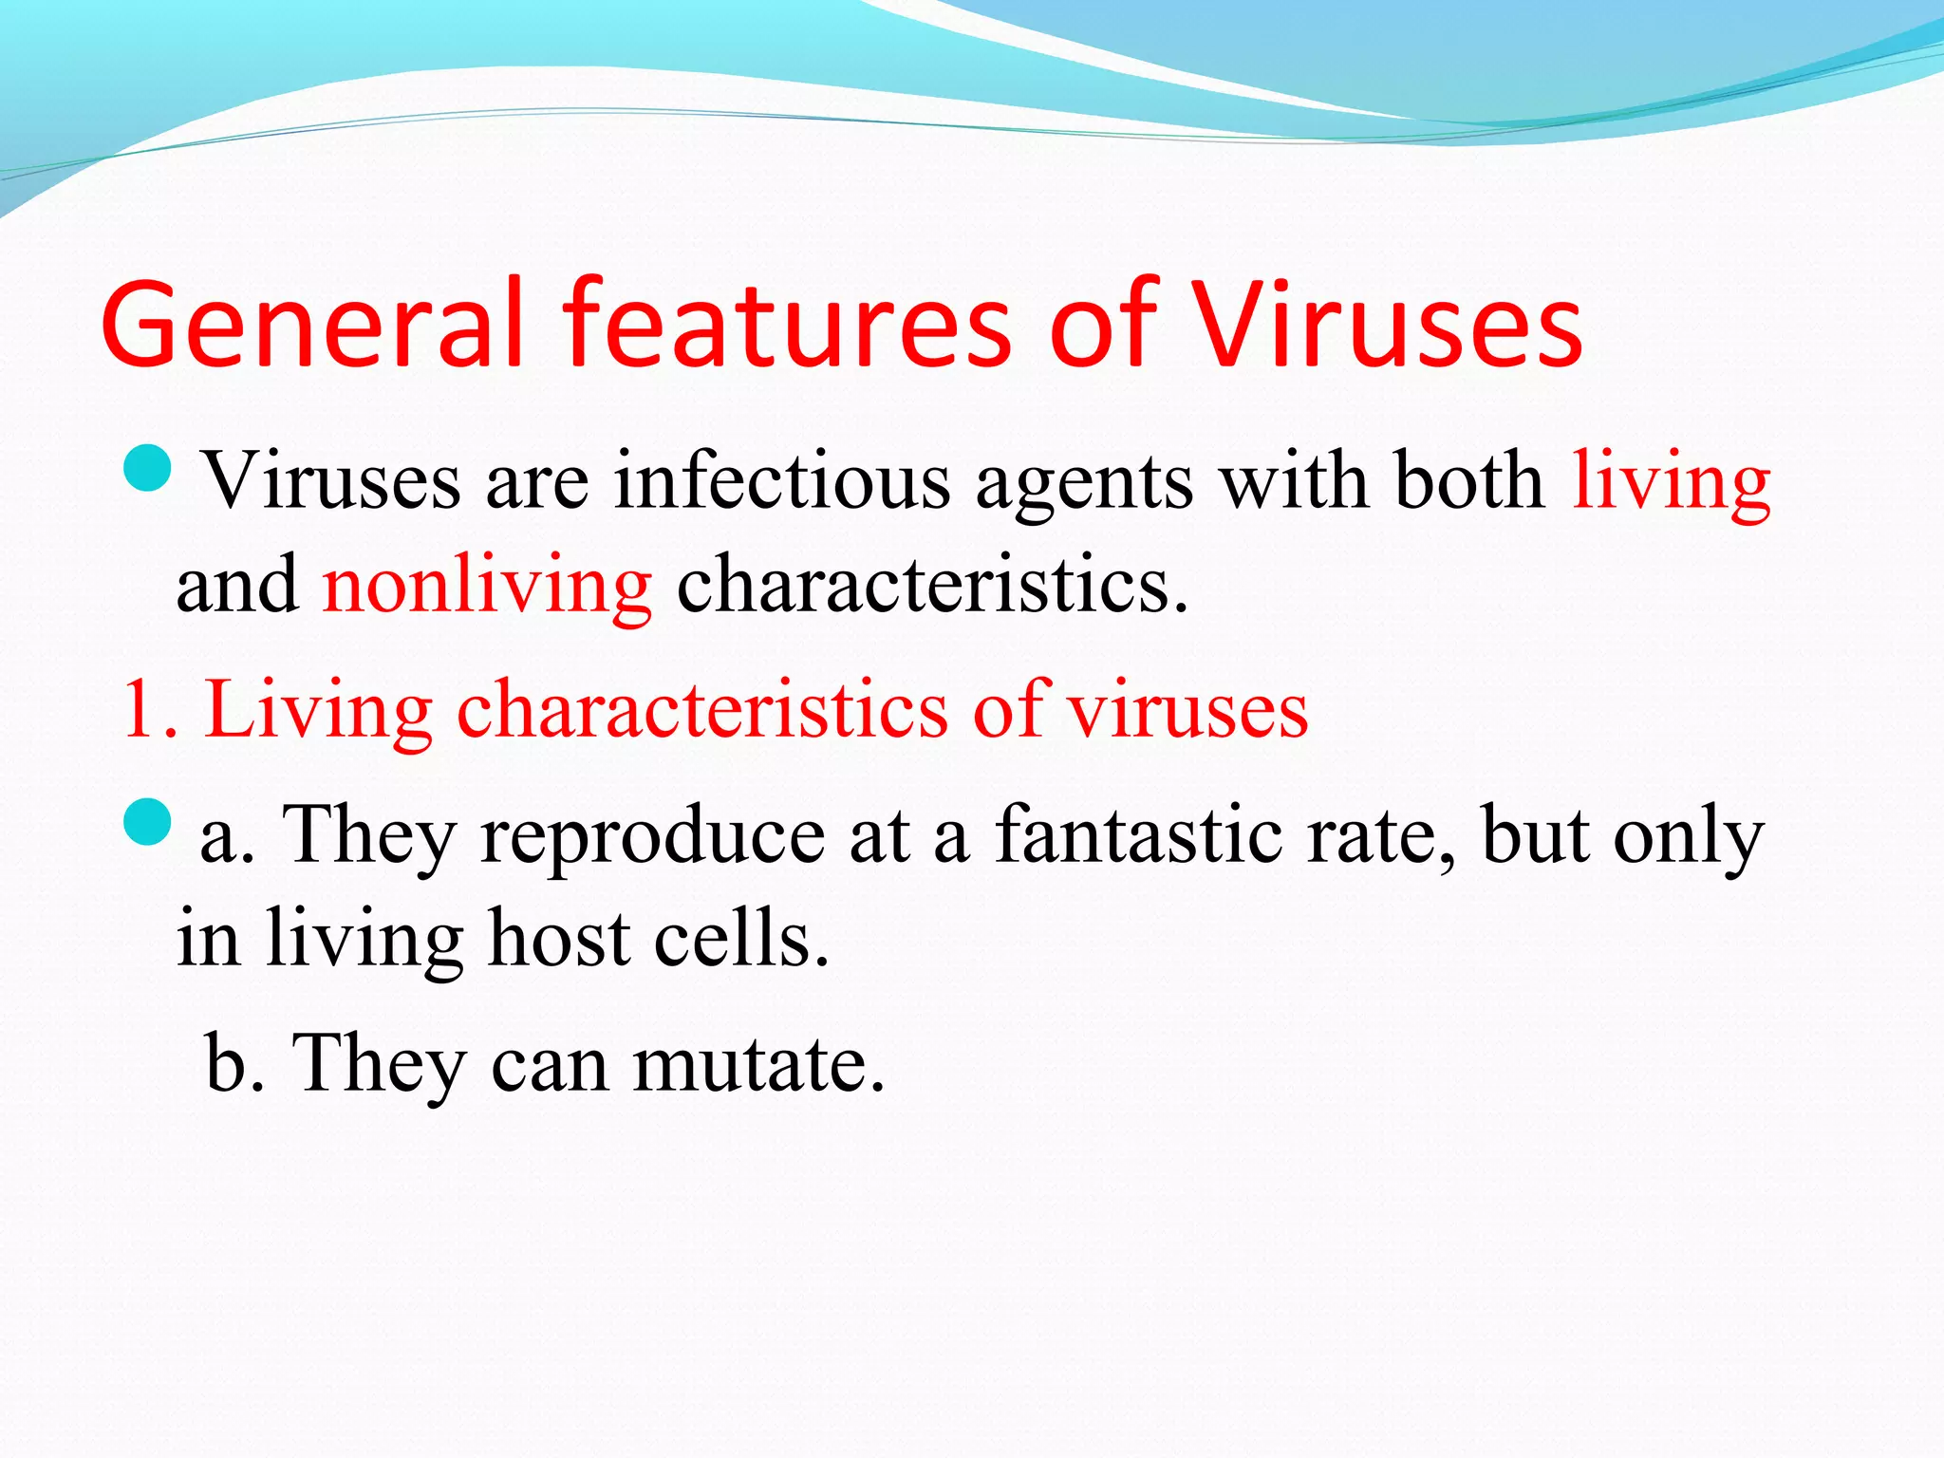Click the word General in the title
point(313,325)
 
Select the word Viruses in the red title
point(1386,325)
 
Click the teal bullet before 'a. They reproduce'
point(147,821)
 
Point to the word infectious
point(782,481)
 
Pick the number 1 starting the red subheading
point(140,710)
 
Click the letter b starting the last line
point(226,1062)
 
